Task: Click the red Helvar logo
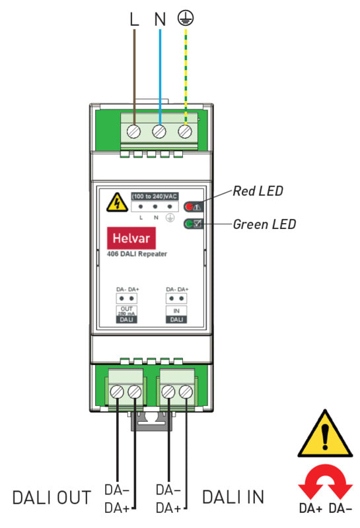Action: pos(131,238)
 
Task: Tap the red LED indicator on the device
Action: pos(190,206)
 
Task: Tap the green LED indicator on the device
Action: pos(190,223)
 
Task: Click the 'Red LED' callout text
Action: pos(258,191)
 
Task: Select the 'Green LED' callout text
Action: pos(264,224)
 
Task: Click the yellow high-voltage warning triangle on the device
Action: pos(117,203)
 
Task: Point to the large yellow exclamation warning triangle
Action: pos(325,434)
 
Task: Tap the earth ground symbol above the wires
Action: pos(186,18)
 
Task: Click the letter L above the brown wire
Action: pos(134,19)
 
